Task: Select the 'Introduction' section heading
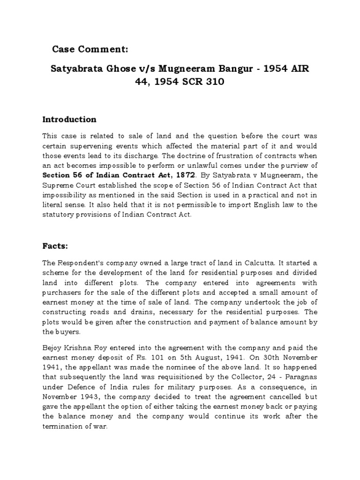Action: pyautogui.click(x=69, y=119)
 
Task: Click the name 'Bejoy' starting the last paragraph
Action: pyautogui.click(x=53, y=348)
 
